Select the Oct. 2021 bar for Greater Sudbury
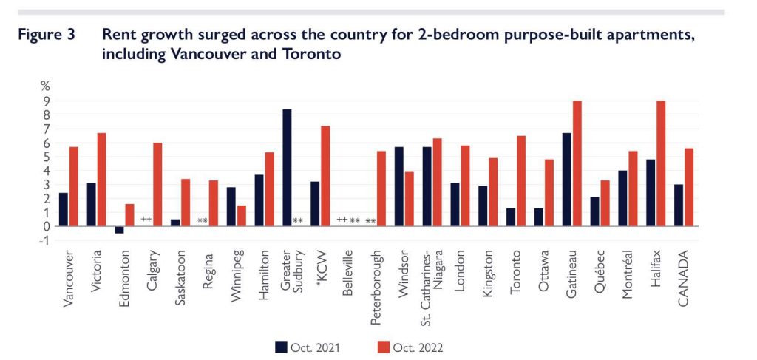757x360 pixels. click(x=287, y=168)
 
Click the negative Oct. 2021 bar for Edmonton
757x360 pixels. click(x=119, y=230)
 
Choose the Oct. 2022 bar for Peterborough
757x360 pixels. click(x=381, y=189)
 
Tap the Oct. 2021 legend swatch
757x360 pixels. click(x=282, y=345)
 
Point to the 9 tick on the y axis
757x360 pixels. click(x=46, y=101)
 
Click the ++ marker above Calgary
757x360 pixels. click(x=146, y=220)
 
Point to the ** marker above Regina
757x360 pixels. click(x=202, y=220)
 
